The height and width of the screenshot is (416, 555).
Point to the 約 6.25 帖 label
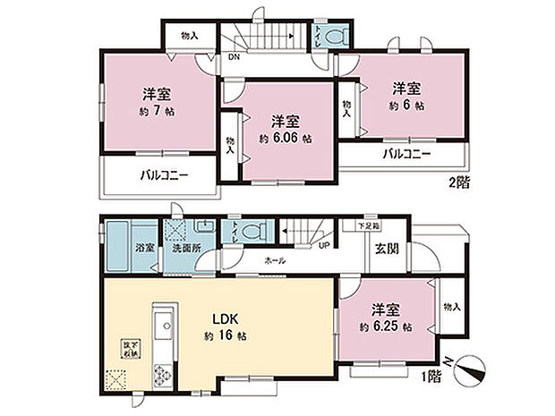[x=388, y=327]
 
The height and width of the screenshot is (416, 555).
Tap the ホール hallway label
[x=275, y=260]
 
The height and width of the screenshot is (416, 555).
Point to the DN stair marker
[x=234, y=56]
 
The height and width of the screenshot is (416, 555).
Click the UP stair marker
[x=323, y=245]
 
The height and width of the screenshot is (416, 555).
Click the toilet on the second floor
[x=335, y=38]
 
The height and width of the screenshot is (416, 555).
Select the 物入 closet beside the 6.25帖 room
[x=452, y=307]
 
